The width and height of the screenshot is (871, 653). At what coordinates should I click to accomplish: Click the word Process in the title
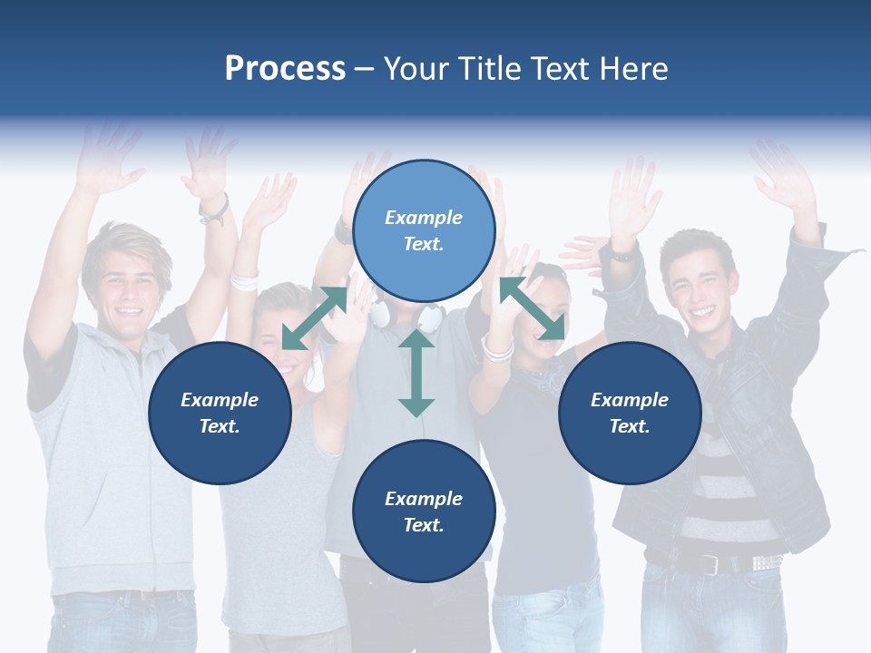[285, 69]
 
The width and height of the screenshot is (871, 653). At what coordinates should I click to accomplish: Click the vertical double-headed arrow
[416, 373]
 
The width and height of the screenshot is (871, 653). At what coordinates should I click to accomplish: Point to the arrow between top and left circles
[314, 318]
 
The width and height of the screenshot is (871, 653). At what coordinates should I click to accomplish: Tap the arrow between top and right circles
[533, 308]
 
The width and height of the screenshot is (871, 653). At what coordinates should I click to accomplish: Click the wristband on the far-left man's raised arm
[214, 210]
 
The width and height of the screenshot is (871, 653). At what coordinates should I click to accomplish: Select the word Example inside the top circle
[424, 218]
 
